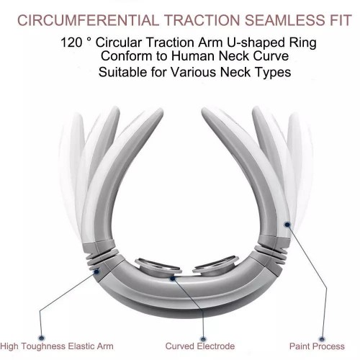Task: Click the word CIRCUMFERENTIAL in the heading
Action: click(x=88, y=20)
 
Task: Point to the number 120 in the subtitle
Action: click(x=71, y=42)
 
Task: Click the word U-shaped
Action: click(x=256, y=43)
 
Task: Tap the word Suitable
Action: click(x=122, y=72)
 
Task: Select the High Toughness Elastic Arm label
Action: click(x=57, y=346)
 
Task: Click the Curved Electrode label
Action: click(x=200, y=346)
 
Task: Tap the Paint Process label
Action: click(x=317, y=346)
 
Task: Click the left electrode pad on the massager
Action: click(x=158, y=267)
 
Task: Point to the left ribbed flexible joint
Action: click(x=102, y=258)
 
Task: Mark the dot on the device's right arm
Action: click(x=287, y=225)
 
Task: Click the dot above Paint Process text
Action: click(x=322, y=339)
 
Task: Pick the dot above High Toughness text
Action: click(x=42, y=338)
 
